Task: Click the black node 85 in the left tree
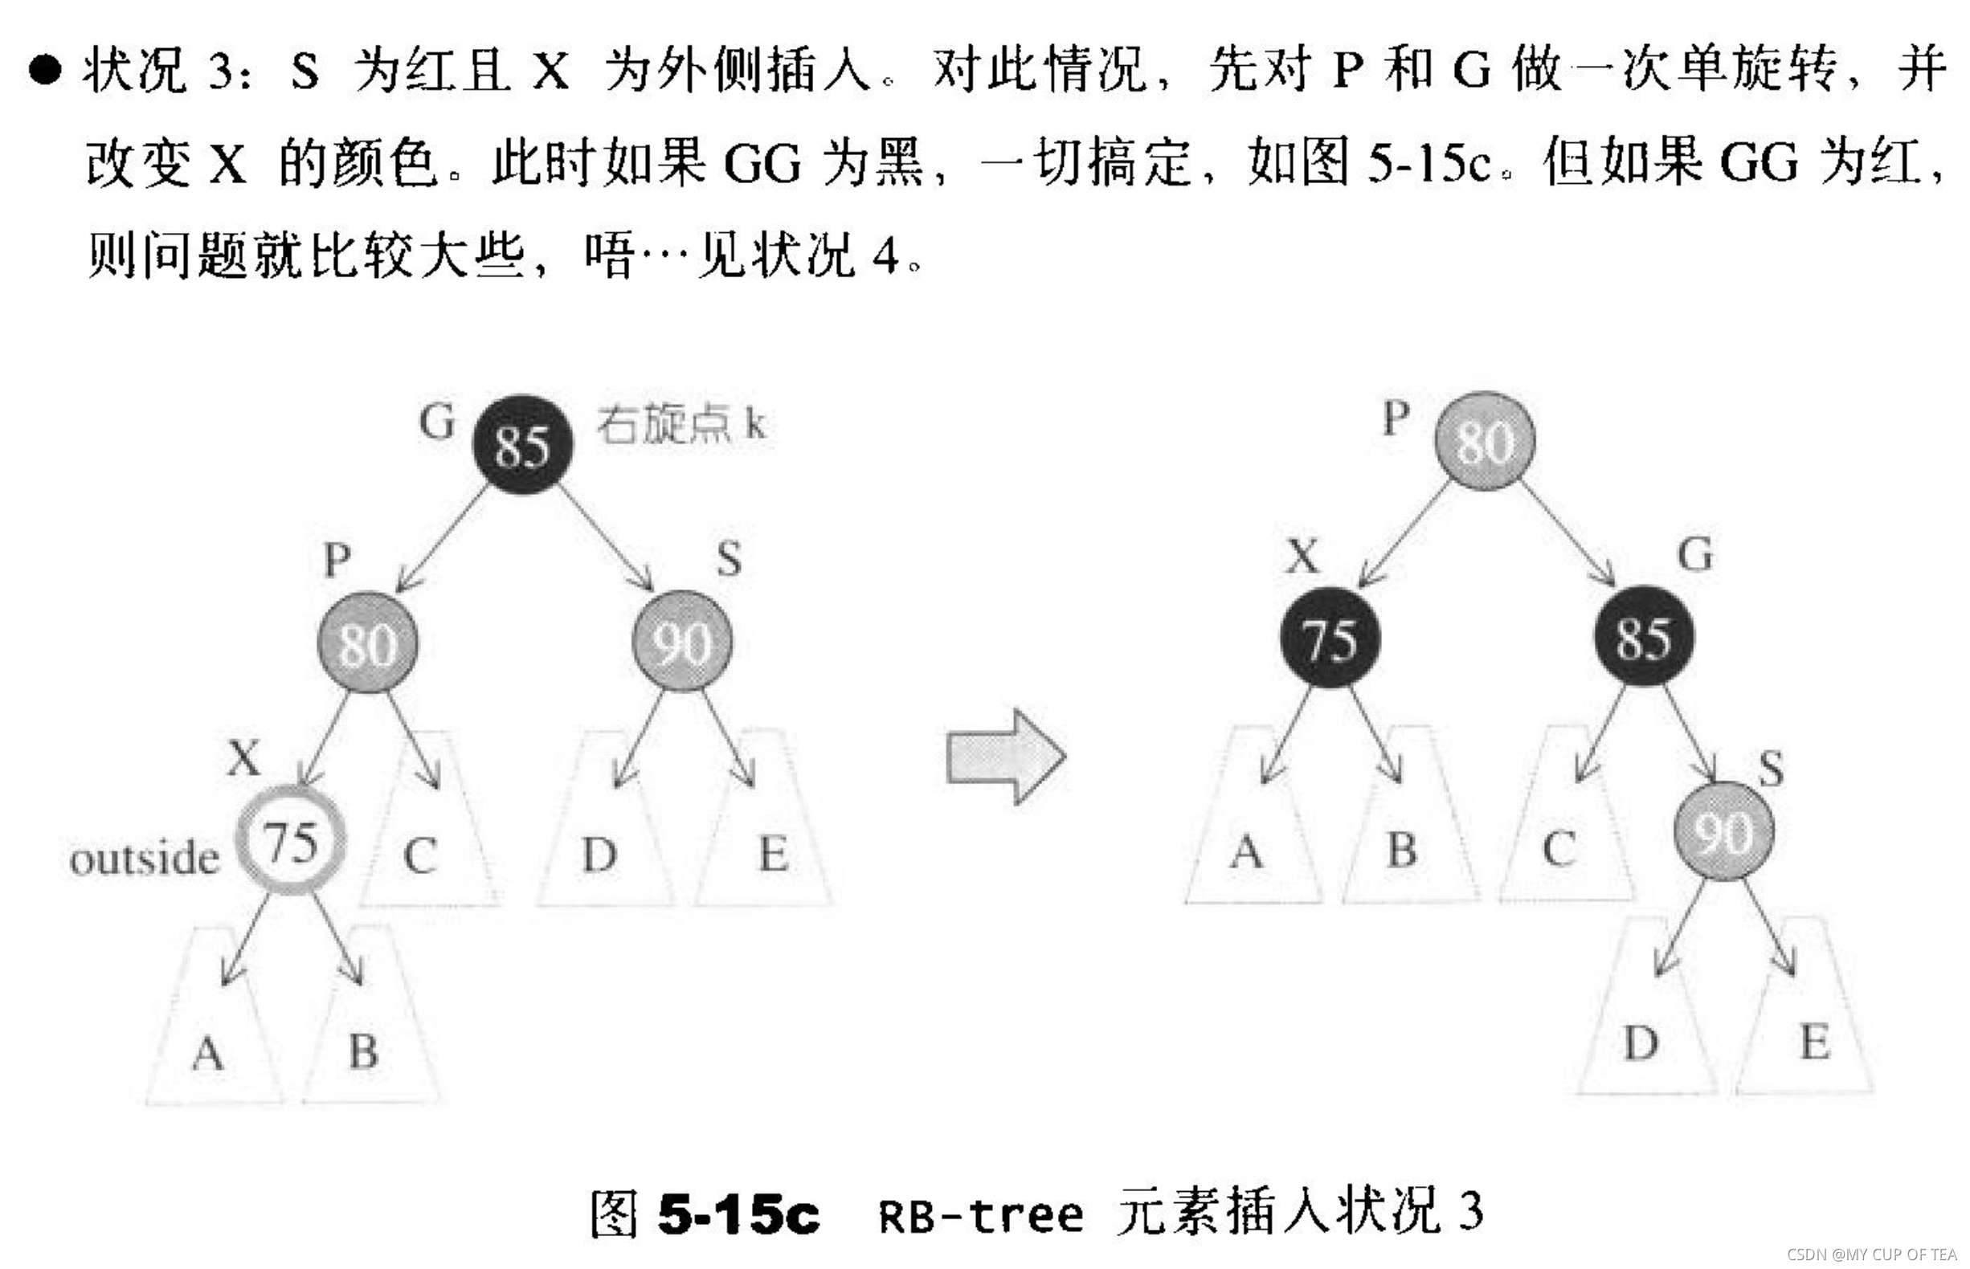point(521,445)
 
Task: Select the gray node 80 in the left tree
point(368,643)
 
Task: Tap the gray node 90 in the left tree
point(682,641)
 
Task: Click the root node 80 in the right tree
point(1485,441)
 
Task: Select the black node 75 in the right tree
point(1330,639)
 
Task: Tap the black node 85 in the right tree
point(1644,637)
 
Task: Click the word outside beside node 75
point(145,859)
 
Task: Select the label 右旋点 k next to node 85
point(681,424)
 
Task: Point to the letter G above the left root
point(436,422)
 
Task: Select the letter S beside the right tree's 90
point(1771,769)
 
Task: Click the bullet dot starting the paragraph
point(44,69)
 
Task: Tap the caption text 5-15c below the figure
point(738,1214)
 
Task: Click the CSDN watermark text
point(1871,1255)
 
